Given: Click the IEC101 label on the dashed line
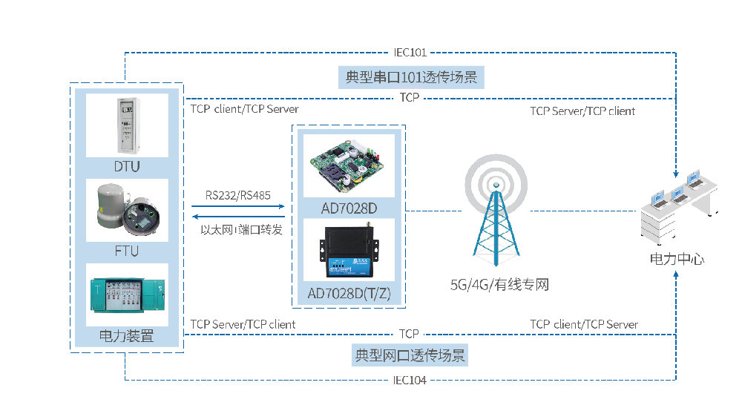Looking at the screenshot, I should click(x=410, y=53).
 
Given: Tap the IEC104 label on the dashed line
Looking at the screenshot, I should click(x=410, y=381).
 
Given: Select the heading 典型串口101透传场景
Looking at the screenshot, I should click(x=411, y=76).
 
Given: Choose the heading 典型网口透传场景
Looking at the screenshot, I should click(x=410, y=356).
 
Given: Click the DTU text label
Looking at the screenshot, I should click(x=127, y=166).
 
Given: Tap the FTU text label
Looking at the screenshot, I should click(x=127, y=251).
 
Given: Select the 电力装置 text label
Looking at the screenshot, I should click(x=127, y=336).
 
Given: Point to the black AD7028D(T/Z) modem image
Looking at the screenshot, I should click(x=349, y=249).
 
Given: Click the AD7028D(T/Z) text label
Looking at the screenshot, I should click(x=349, y=294).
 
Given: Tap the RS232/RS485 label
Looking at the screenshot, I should click(x=237, y=195).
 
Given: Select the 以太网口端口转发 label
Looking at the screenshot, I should click(x=242, y=230).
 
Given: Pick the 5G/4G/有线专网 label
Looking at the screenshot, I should click(x=499, y=284).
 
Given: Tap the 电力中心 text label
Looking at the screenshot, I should click(x=677, y=259).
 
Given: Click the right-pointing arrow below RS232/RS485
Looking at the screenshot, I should click(x=237, y=208).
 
